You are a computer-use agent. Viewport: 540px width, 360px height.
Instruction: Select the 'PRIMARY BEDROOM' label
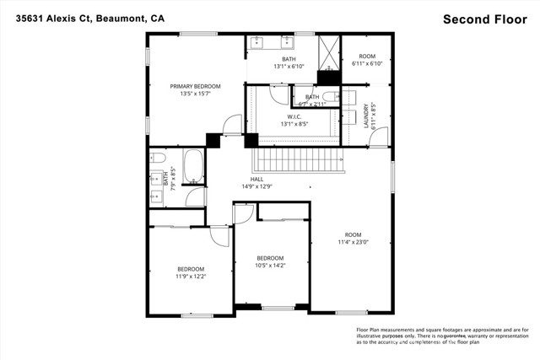tap(195, 86)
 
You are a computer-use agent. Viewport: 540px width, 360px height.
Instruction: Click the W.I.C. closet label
tap(294, 116)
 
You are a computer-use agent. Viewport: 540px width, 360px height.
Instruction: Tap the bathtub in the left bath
tap(193, 166)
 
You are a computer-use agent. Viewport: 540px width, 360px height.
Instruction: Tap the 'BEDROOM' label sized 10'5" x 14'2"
tap(270, 258)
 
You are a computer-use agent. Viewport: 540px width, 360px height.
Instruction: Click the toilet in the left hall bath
tap(157, 158)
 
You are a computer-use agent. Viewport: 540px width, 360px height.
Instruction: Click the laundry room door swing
tap(380, 136)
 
